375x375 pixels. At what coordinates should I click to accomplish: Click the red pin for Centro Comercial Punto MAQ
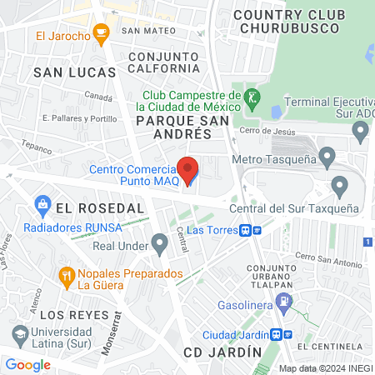pyautogui.click(x=189, y=169)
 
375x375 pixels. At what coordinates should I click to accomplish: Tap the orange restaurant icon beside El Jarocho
pyautogui.click(x=102, y=34)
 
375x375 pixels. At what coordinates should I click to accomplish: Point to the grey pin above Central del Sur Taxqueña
pyautogui.click(x=339, y=185)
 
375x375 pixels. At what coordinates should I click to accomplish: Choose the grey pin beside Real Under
pyautogui.click(x=160, y=244)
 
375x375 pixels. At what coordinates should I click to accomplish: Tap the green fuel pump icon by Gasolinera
pyautogui.click(x=285, y=301)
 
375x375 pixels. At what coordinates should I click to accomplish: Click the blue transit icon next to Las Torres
pyautogui.click(x=247, y=231)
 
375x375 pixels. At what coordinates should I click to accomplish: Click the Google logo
pyautogui.click(x=27, y=364)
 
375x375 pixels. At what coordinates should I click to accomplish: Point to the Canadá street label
pyautogui.click(x=97, y=97)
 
